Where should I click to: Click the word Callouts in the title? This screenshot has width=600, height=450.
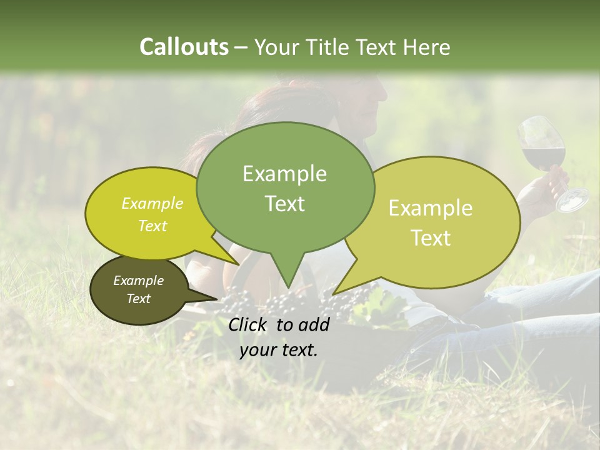pos(184,47)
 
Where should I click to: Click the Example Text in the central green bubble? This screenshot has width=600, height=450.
pos(284,188)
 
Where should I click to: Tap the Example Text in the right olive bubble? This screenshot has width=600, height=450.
pos(431,222)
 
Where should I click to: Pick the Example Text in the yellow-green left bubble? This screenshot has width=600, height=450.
pos(152,214)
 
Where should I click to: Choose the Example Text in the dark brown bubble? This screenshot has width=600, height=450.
pos(138,289)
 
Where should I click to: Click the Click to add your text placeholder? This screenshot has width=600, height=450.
pos(279,337)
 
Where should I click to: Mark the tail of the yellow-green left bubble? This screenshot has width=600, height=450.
pos(225,253)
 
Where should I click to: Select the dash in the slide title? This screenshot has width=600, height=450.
pos(242,47)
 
